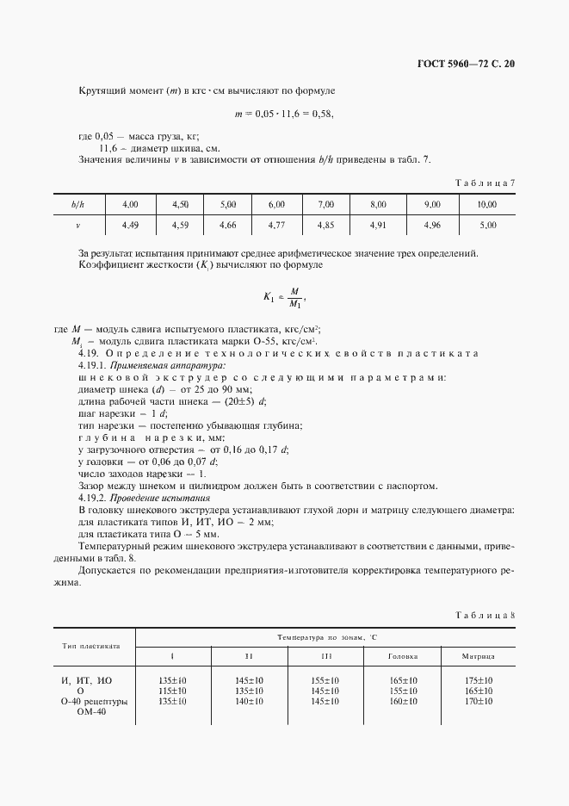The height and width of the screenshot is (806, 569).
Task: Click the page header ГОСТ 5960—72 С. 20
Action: point(464,63)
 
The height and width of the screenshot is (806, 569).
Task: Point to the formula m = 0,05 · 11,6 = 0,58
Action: point(284,114)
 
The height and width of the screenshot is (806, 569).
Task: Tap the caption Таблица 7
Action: point(485,182)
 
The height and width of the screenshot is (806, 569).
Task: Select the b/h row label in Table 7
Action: point(77,204)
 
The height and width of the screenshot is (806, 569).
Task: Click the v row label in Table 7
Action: point(77,225)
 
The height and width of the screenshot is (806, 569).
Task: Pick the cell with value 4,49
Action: point(131,225)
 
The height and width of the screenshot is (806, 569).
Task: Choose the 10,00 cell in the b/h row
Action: point(487,204)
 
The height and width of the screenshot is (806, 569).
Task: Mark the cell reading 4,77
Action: point(276,225)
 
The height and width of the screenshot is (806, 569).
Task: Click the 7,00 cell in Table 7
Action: point(325,204)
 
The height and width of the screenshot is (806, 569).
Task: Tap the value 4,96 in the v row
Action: point(432,225)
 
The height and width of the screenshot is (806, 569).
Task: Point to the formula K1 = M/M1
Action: point(285,297)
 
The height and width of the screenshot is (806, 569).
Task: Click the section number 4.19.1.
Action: point(92,366)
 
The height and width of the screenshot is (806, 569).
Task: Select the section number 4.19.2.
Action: point(92,498)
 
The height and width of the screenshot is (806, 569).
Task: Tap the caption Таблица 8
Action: point(485,614)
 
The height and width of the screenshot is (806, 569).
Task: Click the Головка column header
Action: point(403,656)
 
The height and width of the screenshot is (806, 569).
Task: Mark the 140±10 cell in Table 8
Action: point(250,701)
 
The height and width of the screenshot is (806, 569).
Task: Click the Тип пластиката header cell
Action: point(90,645)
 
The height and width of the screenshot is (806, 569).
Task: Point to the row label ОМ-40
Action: point(90,711)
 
